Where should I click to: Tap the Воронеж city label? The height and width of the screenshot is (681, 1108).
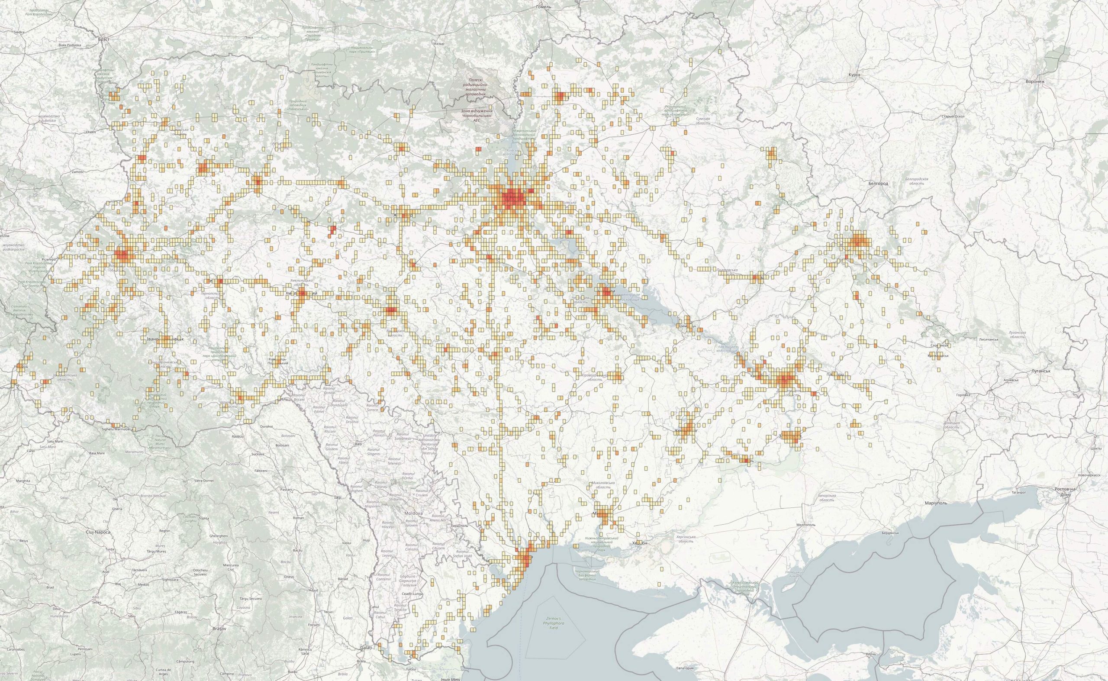point(1034,81)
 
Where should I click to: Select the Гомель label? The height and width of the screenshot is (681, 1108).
point(544,7)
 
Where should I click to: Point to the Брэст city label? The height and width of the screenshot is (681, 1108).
point(103,40)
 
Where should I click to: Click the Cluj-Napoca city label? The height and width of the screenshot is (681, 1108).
point(98,532)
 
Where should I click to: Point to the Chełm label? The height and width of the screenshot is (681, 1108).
point(91,132)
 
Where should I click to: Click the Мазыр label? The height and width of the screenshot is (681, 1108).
point(438,44)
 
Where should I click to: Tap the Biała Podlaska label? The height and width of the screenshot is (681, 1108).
point(70,45)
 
